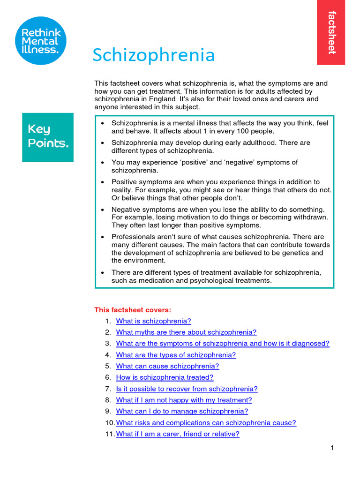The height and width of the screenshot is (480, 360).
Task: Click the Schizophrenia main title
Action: tap(153, 55)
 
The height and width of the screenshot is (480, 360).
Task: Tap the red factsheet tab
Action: tap(331, 32)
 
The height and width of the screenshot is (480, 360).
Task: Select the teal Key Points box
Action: tap(48, 137)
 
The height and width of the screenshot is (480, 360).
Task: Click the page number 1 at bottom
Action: tap(332, 448)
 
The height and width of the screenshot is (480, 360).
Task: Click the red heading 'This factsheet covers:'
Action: tap(133, 310)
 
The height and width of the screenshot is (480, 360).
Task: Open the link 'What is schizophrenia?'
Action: tap(154, 321)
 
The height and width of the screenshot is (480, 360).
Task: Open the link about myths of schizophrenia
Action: tap(186, 332)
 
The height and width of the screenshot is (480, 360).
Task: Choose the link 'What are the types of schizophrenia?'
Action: tap(176, 355)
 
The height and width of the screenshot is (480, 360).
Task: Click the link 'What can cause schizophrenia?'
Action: tap(167, 366)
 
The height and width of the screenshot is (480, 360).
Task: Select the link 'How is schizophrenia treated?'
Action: tap(165, 377)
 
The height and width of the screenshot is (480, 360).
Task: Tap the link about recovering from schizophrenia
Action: tap(187, 389)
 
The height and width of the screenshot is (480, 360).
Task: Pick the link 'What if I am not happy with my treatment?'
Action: tap(184, 400)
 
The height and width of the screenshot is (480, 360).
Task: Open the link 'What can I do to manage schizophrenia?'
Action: tap(182, 411)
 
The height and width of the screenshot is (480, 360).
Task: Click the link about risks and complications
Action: tap(206, 423)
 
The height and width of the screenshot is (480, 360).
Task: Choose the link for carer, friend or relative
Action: tap(178, 434)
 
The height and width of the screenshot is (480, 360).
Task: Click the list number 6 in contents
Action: tap(108, 377)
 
